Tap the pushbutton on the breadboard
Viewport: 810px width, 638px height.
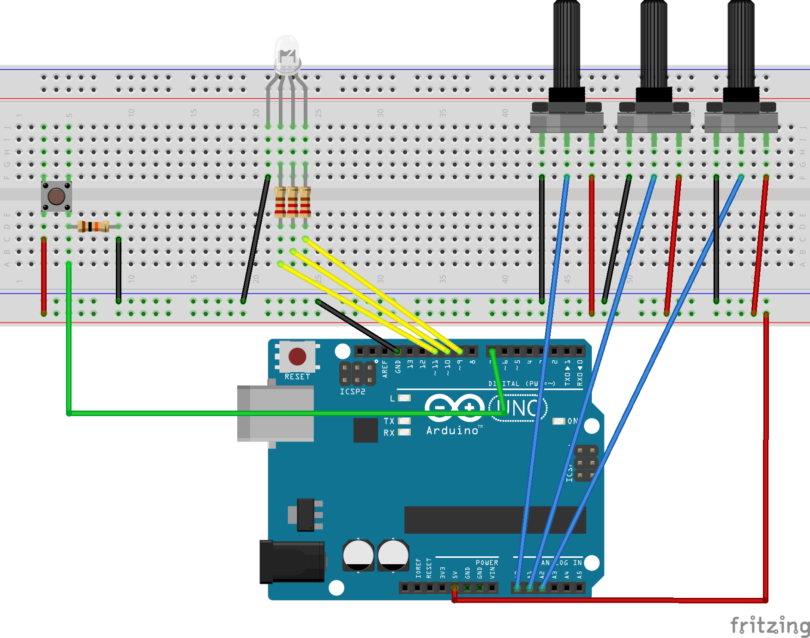pyautogui.click(x=56, y=197)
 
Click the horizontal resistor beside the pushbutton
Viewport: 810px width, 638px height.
pyautogui.click(x=93, y=227)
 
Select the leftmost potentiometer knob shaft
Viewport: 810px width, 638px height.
pyautogui.click(x=566, y=44)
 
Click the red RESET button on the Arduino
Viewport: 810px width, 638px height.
pyautogui.click(x=297, y=357)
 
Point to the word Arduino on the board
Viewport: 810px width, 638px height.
pyautogui.click(x=452, y=430)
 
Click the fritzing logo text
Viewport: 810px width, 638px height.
pyautogui.click(x=769, y=626)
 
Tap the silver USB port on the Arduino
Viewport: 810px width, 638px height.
pyautogui.click(x=276, y=413)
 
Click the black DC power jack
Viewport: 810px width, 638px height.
pyautogui.click(x=292, y=562)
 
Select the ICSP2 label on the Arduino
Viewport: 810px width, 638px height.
pyautogui.click(x=352, y=392)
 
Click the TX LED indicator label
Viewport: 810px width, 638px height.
pyautogui.click(x=389, y=421)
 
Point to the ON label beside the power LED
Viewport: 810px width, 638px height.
pyautogui.click(x=572, y=421)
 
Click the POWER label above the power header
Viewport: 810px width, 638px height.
pyautogui.click(x=486, y=563)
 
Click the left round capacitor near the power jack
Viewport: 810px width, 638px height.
pyautogui.click(x=358, y=555)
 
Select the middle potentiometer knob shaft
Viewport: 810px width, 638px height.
pyautogui.click(x=654, y=44)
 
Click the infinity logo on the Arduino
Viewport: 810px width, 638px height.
pyautogui.click(x=454, y=408)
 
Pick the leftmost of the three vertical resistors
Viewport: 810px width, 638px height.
pyautogui.click(x=280, y=202)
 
